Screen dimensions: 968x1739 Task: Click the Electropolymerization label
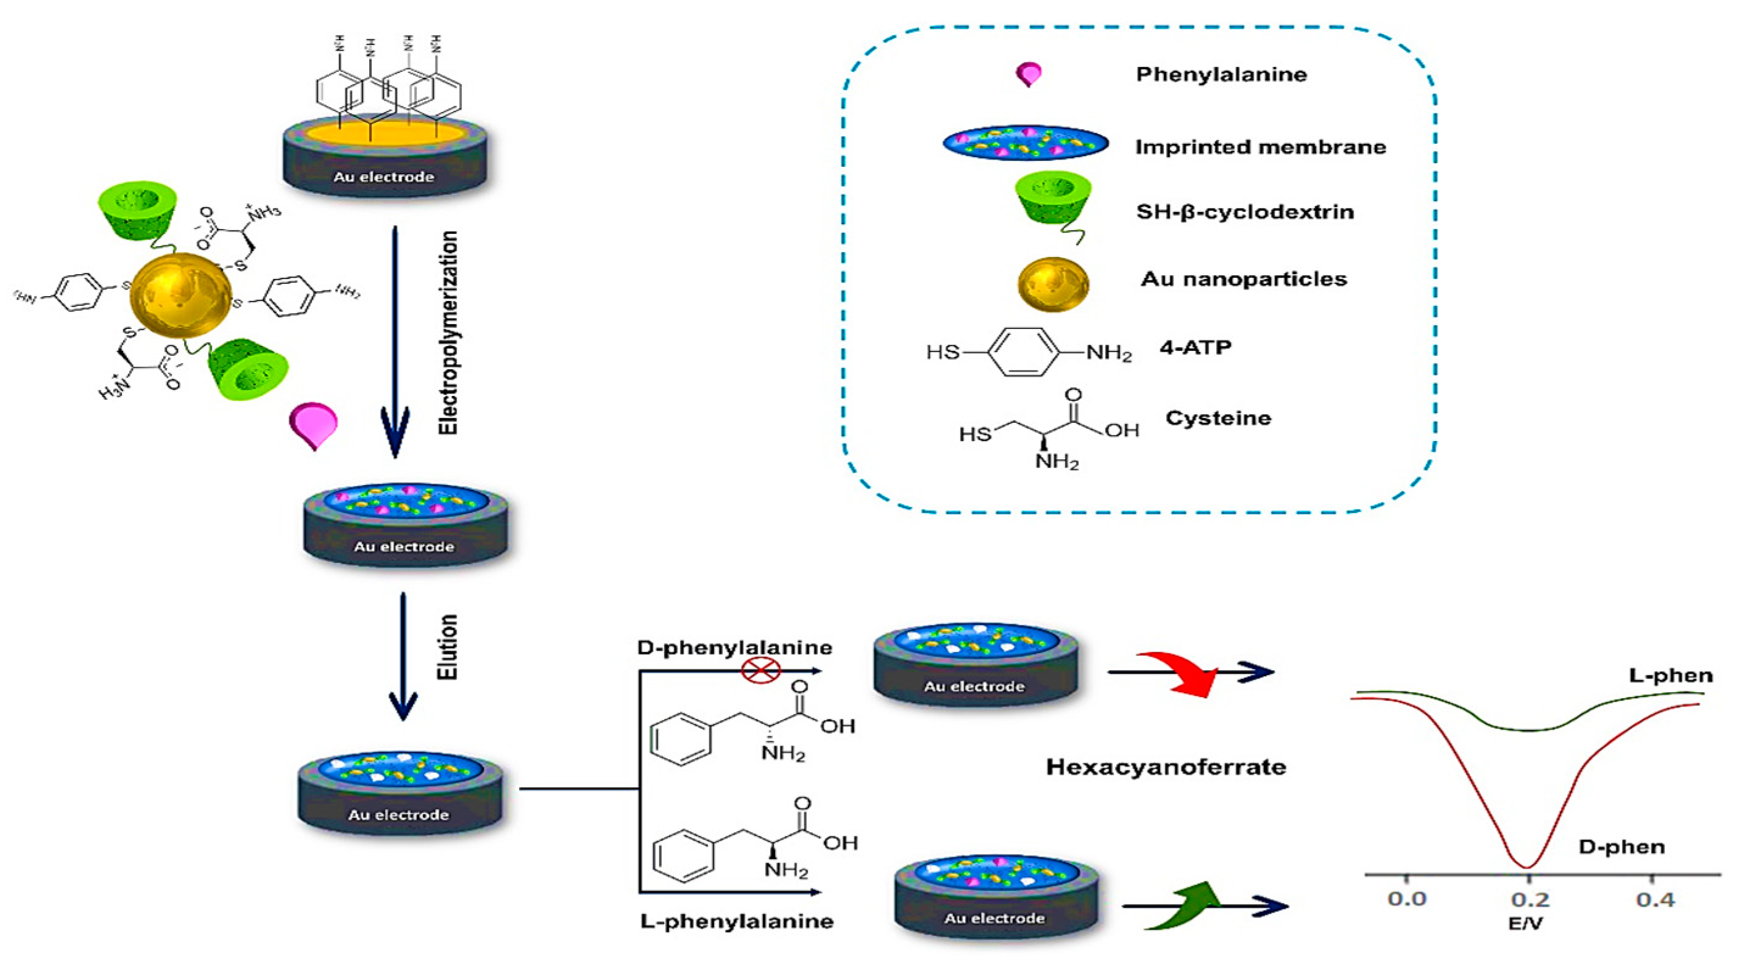pyautogui.click(x=448, y=332)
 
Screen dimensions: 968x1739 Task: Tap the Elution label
pyautogui.click(x=448, y=647)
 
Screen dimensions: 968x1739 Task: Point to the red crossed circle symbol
pyautogui.click(x=761, y=670)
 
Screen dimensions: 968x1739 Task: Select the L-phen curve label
pyautogui.click(x=1670, y=675)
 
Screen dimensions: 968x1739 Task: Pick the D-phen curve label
pyautogui.click(x=1621, y=847)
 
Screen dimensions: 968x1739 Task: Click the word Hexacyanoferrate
pyautogui.click(x=1166, y=767)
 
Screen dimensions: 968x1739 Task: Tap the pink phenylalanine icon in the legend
pyautogui.click(x=1029, y=74)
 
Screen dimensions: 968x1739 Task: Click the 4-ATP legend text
pyautogui.click(x=1195, y=348)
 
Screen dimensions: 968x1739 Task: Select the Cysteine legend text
pyautogui.click(x=1218, y=418)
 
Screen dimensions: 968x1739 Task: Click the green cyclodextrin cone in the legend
pyautogui.click(x=1053, y=202)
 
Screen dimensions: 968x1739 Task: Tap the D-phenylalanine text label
pyautogui.click(x=734, y=648)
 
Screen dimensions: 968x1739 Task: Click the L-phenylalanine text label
pyautogui.click(x=737, y=920)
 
